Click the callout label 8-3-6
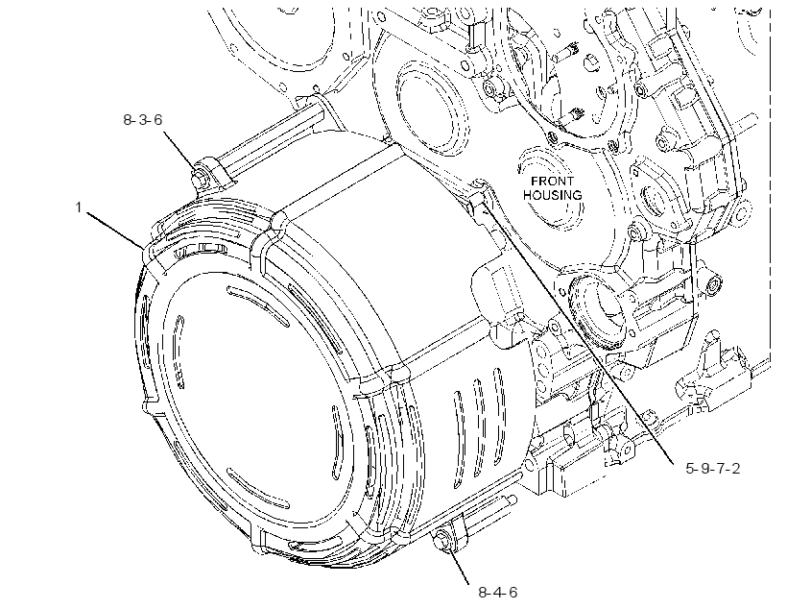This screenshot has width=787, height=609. pyautogui.click(x=143, y=119)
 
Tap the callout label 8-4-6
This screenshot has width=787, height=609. pyautogui.click(x=497, y=593)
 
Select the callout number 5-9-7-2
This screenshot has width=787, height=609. pyautogui.click(x=713, y=469)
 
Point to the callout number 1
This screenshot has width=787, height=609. pyautogui.click(x=79, y=207)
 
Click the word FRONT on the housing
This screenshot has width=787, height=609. pyautogui.click(x=552, y=182)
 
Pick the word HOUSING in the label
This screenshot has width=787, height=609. pyautogui.click(x=553, y=195)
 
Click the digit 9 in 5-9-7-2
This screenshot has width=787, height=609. pyautogui.click(x=705, y=469)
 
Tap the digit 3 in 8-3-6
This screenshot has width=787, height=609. pyautogui.click(x=143, y=119)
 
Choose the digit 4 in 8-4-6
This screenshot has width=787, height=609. pyautogui.click(x=497, y=593)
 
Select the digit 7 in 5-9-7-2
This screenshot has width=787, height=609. pyautogui.click(x=720, y=469)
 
